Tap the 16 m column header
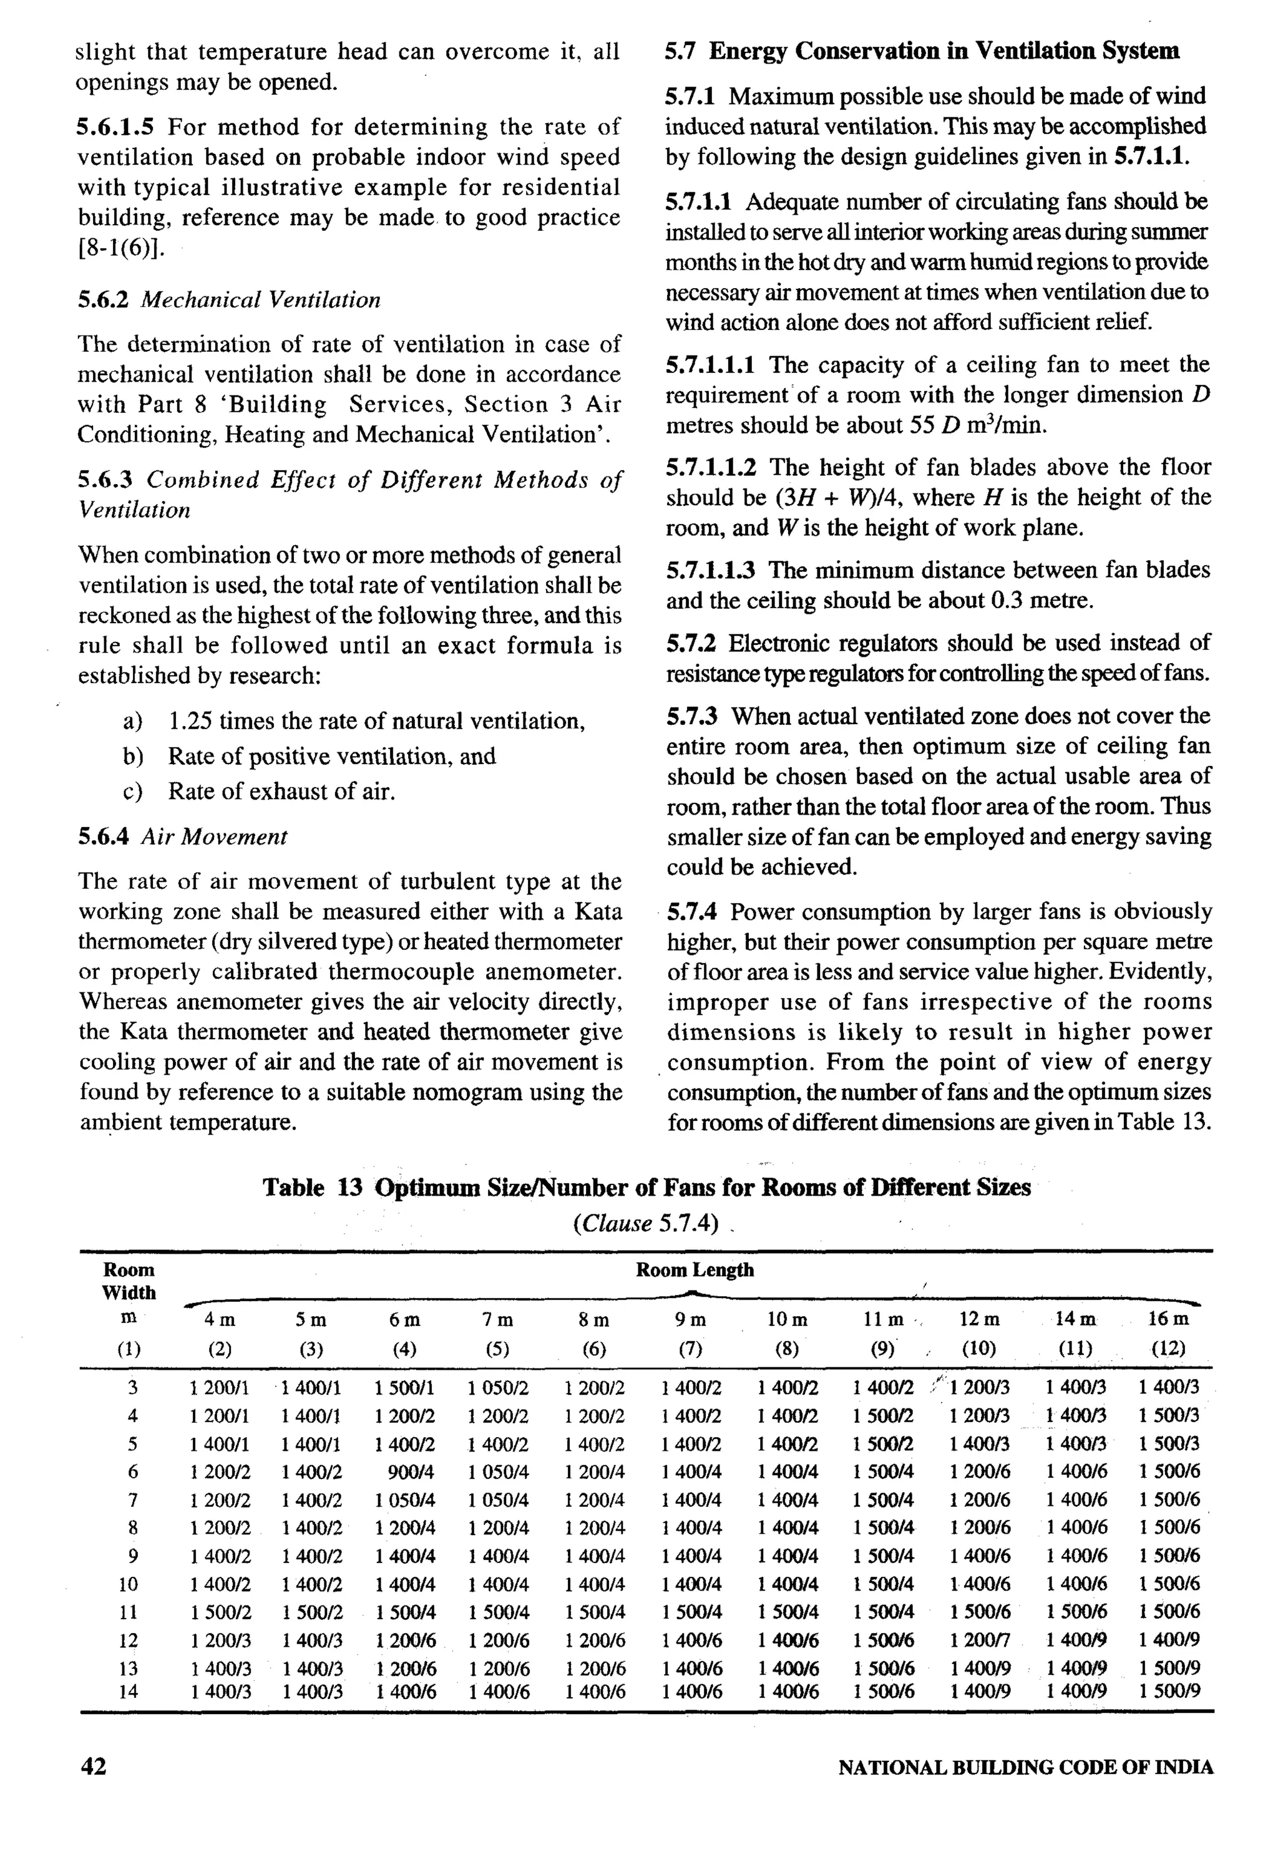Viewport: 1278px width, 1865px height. [1168, 1319]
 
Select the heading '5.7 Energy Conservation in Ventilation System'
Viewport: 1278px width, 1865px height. [922, 51]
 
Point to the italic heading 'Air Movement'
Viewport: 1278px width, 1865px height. [213, 837]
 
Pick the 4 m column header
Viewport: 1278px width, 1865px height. [219, 1319]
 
